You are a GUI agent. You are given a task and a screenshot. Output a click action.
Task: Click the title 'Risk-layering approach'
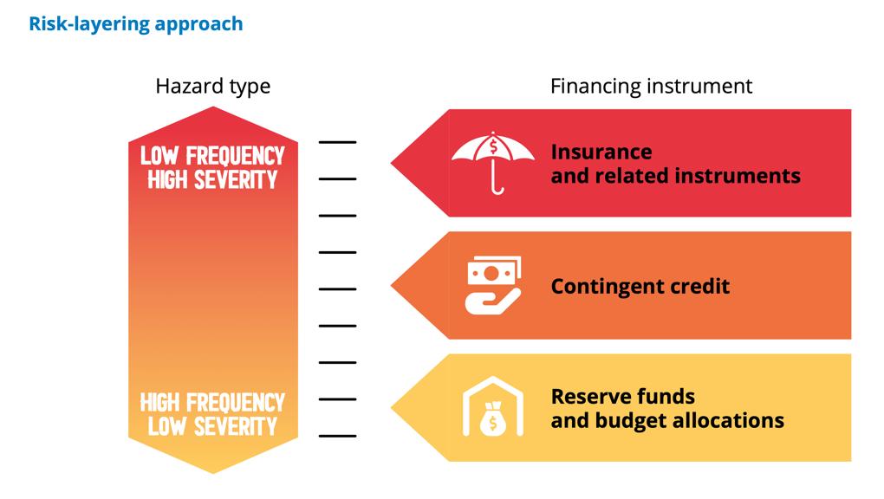coord(136,23)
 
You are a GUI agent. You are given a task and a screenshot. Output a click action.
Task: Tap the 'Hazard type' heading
coord(212,87)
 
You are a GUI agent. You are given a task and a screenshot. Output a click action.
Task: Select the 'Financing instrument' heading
coord(651,87)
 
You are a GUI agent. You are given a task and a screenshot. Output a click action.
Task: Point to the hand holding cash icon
coord(493,286)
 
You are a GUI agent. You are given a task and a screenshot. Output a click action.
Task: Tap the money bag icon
coord(493,409)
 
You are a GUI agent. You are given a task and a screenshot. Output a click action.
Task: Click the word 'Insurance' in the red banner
coord(601,152)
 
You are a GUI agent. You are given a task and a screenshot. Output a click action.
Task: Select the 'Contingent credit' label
coord(640,286)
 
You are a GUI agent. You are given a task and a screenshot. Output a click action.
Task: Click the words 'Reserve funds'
coord(622,396)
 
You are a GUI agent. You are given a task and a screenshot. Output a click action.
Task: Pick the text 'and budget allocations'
coord(667,420)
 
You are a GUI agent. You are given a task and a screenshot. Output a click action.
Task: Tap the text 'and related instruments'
coord(675,176)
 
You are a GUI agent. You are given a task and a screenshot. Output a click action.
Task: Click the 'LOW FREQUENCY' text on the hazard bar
coord(212,156)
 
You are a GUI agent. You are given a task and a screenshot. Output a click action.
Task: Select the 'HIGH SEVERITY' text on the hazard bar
coord(212,179)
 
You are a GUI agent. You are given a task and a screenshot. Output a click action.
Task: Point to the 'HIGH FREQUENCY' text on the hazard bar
coord(212,403)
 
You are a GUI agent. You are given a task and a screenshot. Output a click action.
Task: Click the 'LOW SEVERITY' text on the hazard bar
coord(212,426)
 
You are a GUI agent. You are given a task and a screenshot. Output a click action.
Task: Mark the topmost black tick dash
coord(337,141)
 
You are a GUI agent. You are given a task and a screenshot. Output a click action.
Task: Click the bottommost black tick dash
coord(337,436)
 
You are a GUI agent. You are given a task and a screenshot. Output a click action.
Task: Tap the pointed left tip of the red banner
coord(394,162)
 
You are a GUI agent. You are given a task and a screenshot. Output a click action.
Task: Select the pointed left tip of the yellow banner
coord(394,408)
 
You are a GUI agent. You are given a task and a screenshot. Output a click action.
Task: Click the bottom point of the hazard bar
coord(212,470)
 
